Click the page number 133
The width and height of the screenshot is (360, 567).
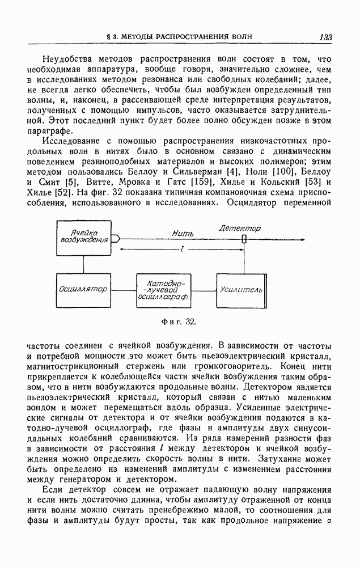[325, 37]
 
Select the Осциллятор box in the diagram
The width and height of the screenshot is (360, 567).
[83, 289]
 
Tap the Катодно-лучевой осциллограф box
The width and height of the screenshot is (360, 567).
[163, 289]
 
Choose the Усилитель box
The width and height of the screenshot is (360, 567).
[240, 289]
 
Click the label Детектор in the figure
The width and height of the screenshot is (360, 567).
[240, 228]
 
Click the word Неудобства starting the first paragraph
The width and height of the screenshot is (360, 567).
[58, 58]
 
